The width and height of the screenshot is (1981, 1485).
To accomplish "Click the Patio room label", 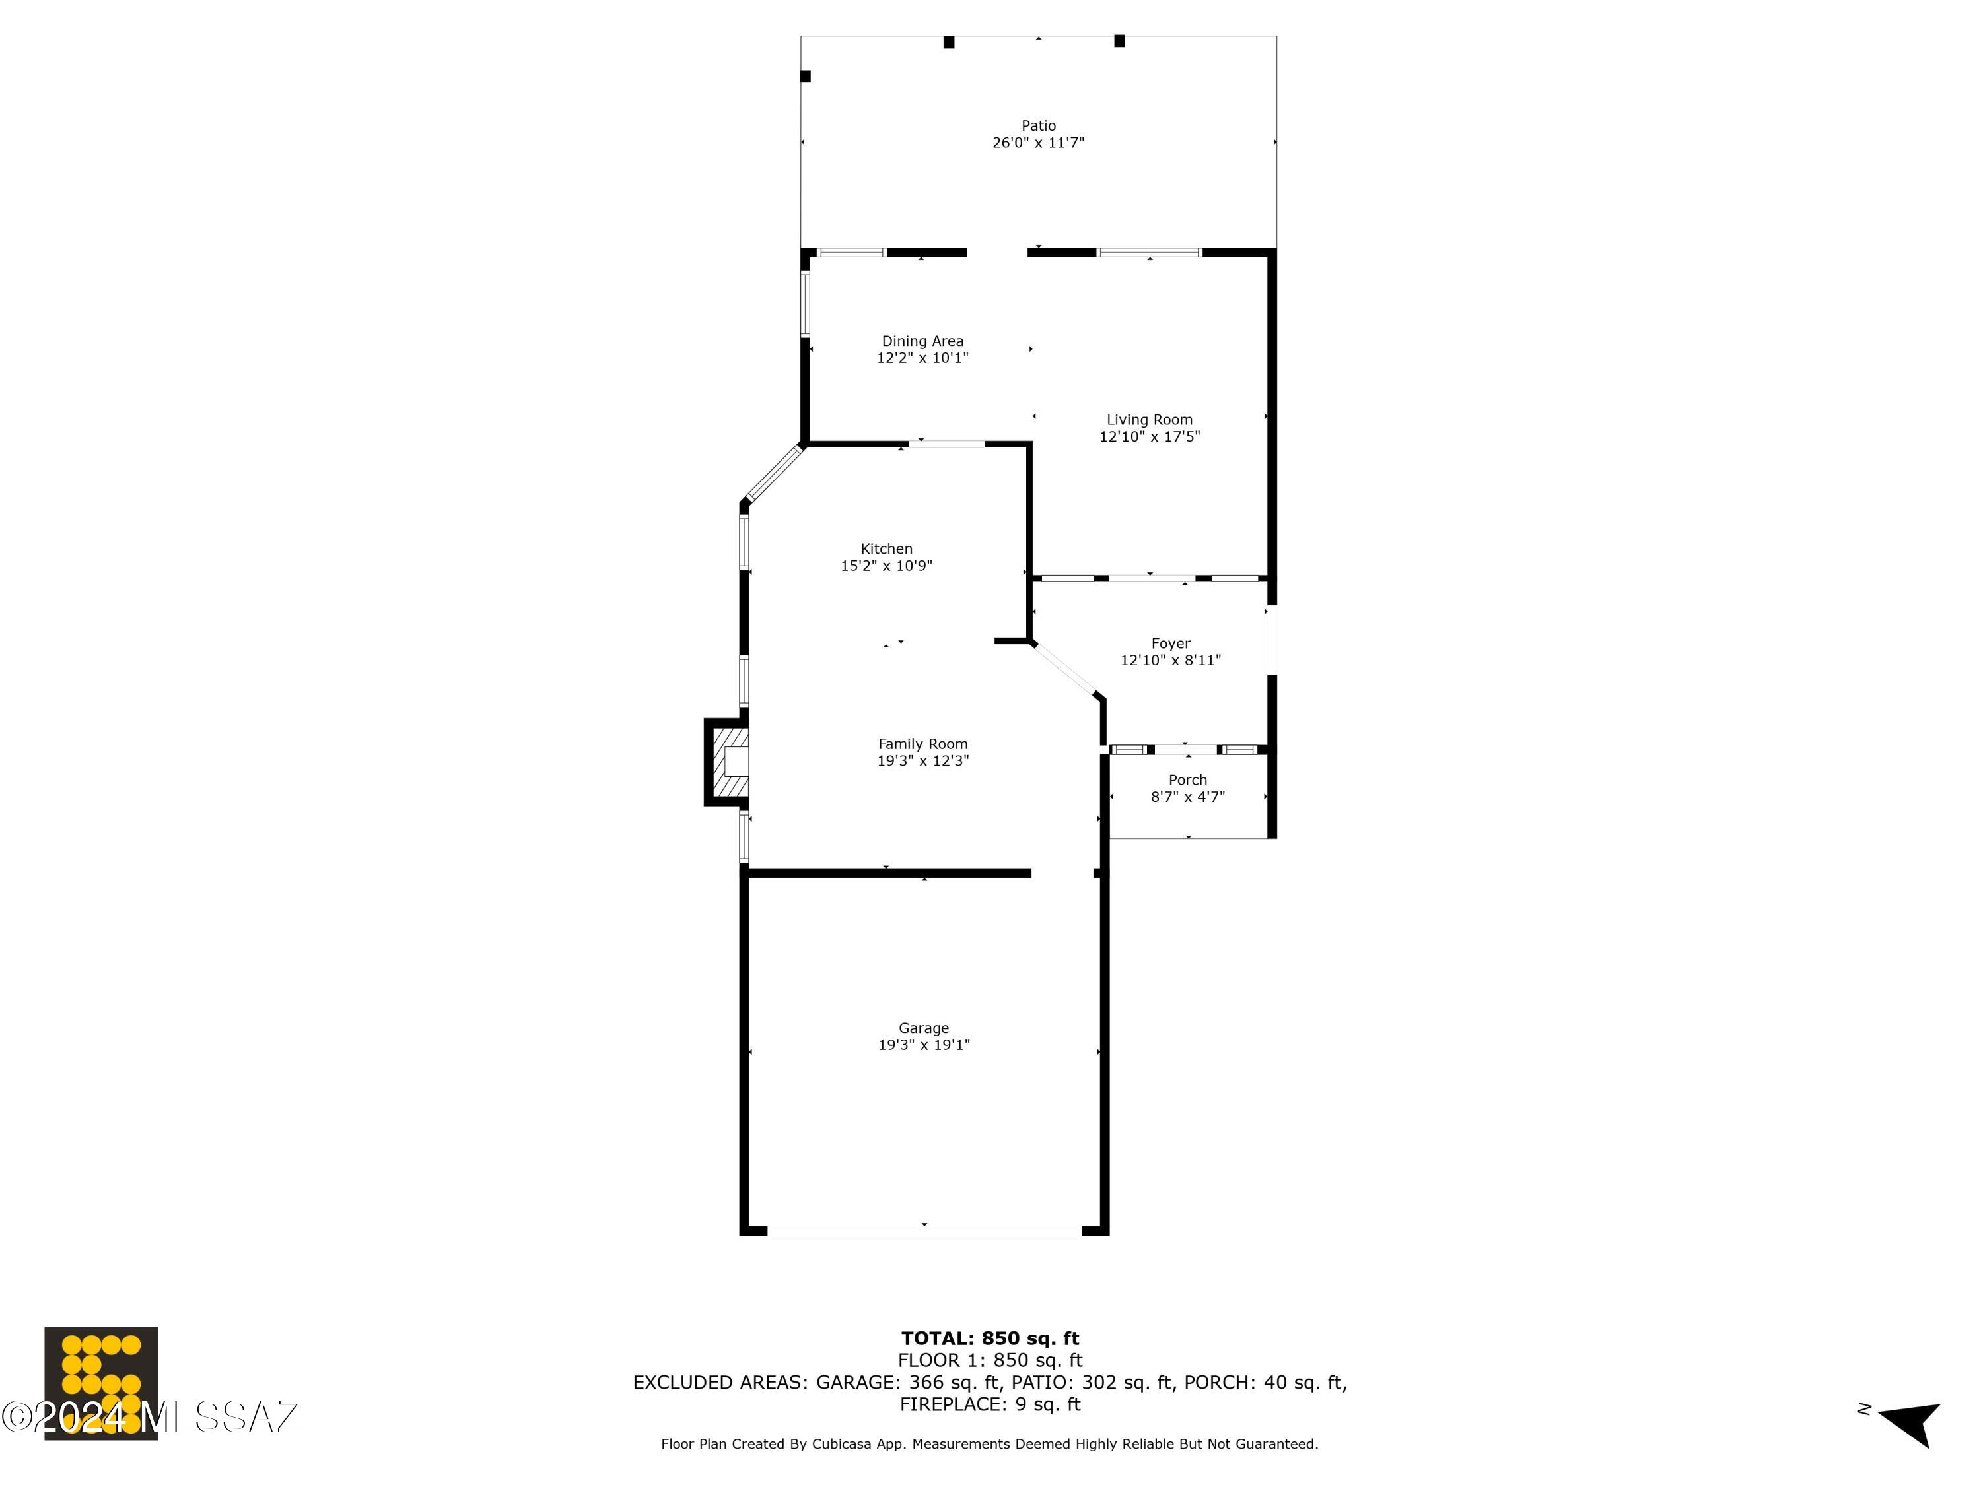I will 1038,125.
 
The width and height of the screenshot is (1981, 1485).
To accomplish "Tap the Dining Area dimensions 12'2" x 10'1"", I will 922,358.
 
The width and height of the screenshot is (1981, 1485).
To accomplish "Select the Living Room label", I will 1149,420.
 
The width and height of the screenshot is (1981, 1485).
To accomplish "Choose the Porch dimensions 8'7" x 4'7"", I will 1187,797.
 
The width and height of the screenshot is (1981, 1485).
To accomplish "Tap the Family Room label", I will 922,744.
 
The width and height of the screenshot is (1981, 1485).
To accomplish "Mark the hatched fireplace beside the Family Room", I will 727,762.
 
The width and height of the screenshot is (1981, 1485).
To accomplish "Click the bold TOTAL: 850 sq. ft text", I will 990,1338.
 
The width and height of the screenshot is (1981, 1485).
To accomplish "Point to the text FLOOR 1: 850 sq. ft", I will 990,1360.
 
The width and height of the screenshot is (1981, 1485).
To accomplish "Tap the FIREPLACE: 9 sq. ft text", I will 990,1404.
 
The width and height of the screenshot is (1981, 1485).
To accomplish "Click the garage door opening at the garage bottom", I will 924,1231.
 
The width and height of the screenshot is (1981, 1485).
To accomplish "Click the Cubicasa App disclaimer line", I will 990,1444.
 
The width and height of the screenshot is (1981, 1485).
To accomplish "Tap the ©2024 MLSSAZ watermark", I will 151,1417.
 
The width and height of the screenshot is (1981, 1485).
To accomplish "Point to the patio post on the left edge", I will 805,76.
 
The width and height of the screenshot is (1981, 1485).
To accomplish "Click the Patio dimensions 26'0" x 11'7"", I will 1038,143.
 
